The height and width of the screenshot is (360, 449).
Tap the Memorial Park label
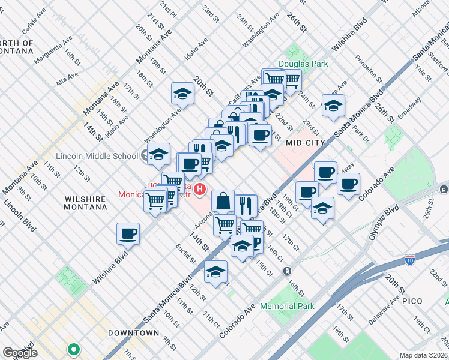[288, 306]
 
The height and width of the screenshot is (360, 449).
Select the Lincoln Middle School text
[97, 157]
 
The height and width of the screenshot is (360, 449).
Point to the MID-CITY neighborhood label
[305, 143]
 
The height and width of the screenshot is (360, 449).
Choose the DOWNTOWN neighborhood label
[133, 332]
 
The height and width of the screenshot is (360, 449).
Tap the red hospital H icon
[200, 191]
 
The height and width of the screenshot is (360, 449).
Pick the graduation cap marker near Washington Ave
[182, 94]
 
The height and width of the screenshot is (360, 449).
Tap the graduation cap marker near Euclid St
[215, 272]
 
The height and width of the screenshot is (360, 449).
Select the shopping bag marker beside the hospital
[223, 201]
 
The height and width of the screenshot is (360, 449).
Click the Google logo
[20, 353]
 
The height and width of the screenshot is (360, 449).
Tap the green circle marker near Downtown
[73, 348]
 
